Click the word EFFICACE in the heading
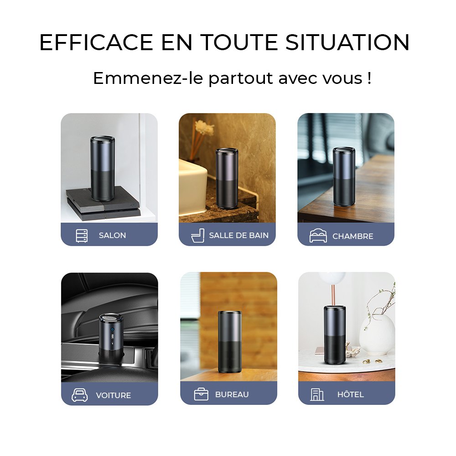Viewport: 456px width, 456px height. point(96,42)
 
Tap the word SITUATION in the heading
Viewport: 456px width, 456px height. point(347,42)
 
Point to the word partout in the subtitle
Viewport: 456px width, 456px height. point(241,78)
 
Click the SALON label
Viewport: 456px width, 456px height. point(112,235)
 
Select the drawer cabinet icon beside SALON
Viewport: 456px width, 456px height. point(82,236)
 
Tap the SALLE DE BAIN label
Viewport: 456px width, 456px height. point(238,235)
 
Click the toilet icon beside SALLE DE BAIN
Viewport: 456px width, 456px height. point(197,236)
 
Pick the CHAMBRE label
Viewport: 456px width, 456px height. point(352,236)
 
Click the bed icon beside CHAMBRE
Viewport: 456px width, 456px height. point(318,236)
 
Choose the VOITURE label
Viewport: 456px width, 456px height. point(114,395)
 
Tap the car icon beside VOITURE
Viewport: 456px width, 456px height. point(80,395)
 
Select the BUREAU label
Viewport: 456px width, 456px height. point(232,394)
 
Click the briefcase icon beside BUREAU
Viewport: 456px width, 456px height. point(201,394)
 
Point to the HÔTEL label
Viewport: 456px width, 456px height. point(350,394)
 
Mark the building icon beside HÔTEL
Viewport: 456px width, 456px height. point(317,394)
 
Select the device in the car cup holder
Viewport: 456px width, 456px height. point(111,337)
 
